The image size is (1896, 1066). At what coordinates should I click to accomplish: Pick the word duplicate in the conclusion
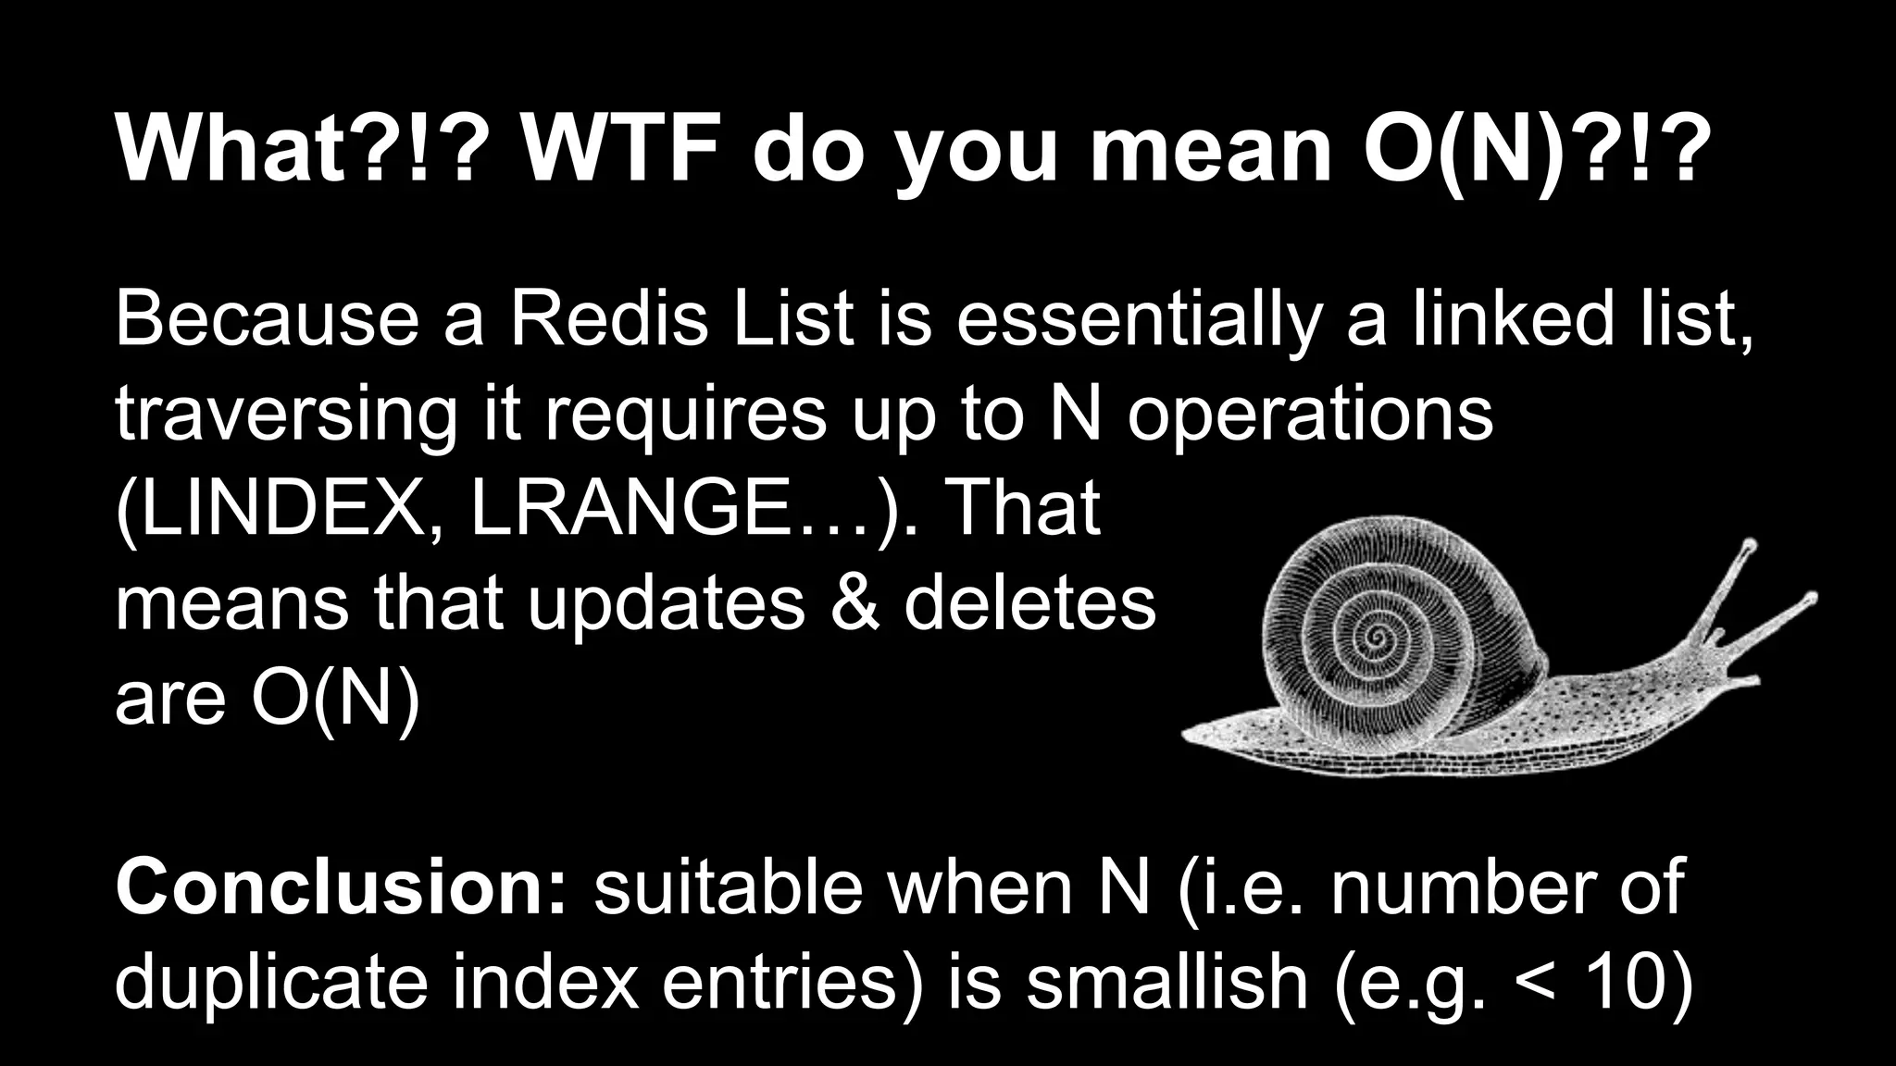pos(271,983)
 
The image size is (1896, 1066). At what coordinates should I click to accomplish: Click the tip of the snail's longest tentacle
pos(1813,597)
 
